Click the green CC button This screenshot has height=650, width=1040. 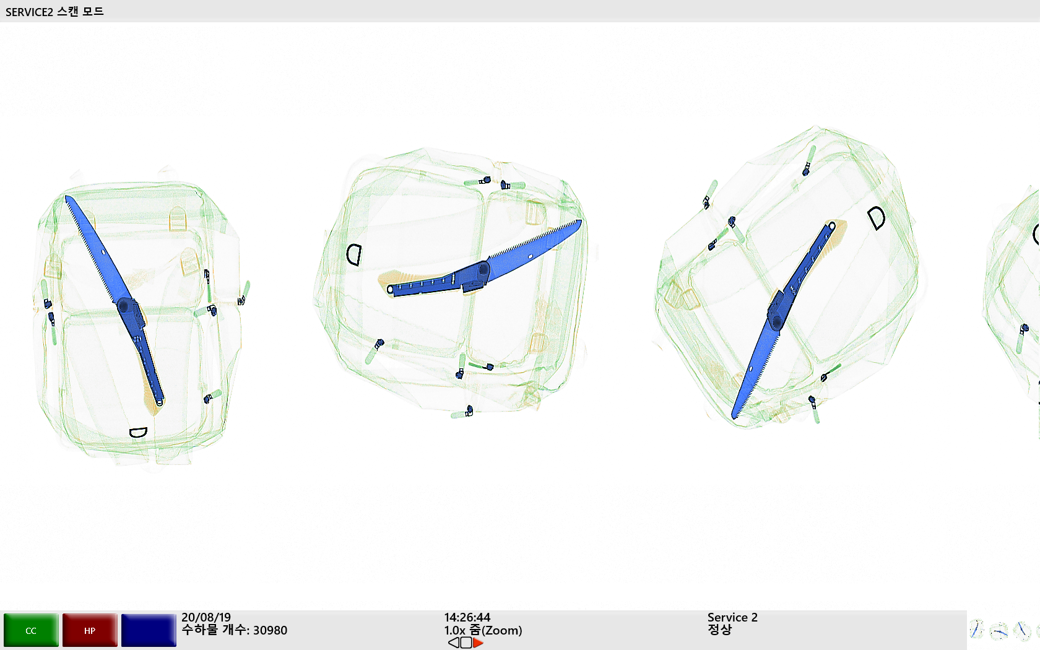click(x=31, y=630)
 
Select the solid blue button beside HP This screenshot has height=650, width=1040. click(x=149, y=630)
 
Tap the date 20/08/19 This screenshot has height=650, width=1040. click(x=206, y=618)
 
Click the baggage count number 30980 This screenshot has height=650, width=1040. click(x=270, y=630)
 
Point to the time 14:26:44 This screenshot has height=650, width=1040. click(x=467, y=618)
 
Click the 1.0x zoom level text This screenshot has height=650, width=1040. click(x=455, y=630)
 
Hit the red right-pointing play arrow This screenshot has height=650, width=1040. click(x=478, y=643)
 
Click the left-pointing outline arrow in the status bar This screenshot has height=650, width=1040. click(x=454, y=643)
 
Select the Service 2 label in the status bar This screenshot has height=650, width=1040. click(x=732, y=618)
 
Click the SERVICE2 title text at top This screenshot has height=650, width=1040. click(x=29, y=12)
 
